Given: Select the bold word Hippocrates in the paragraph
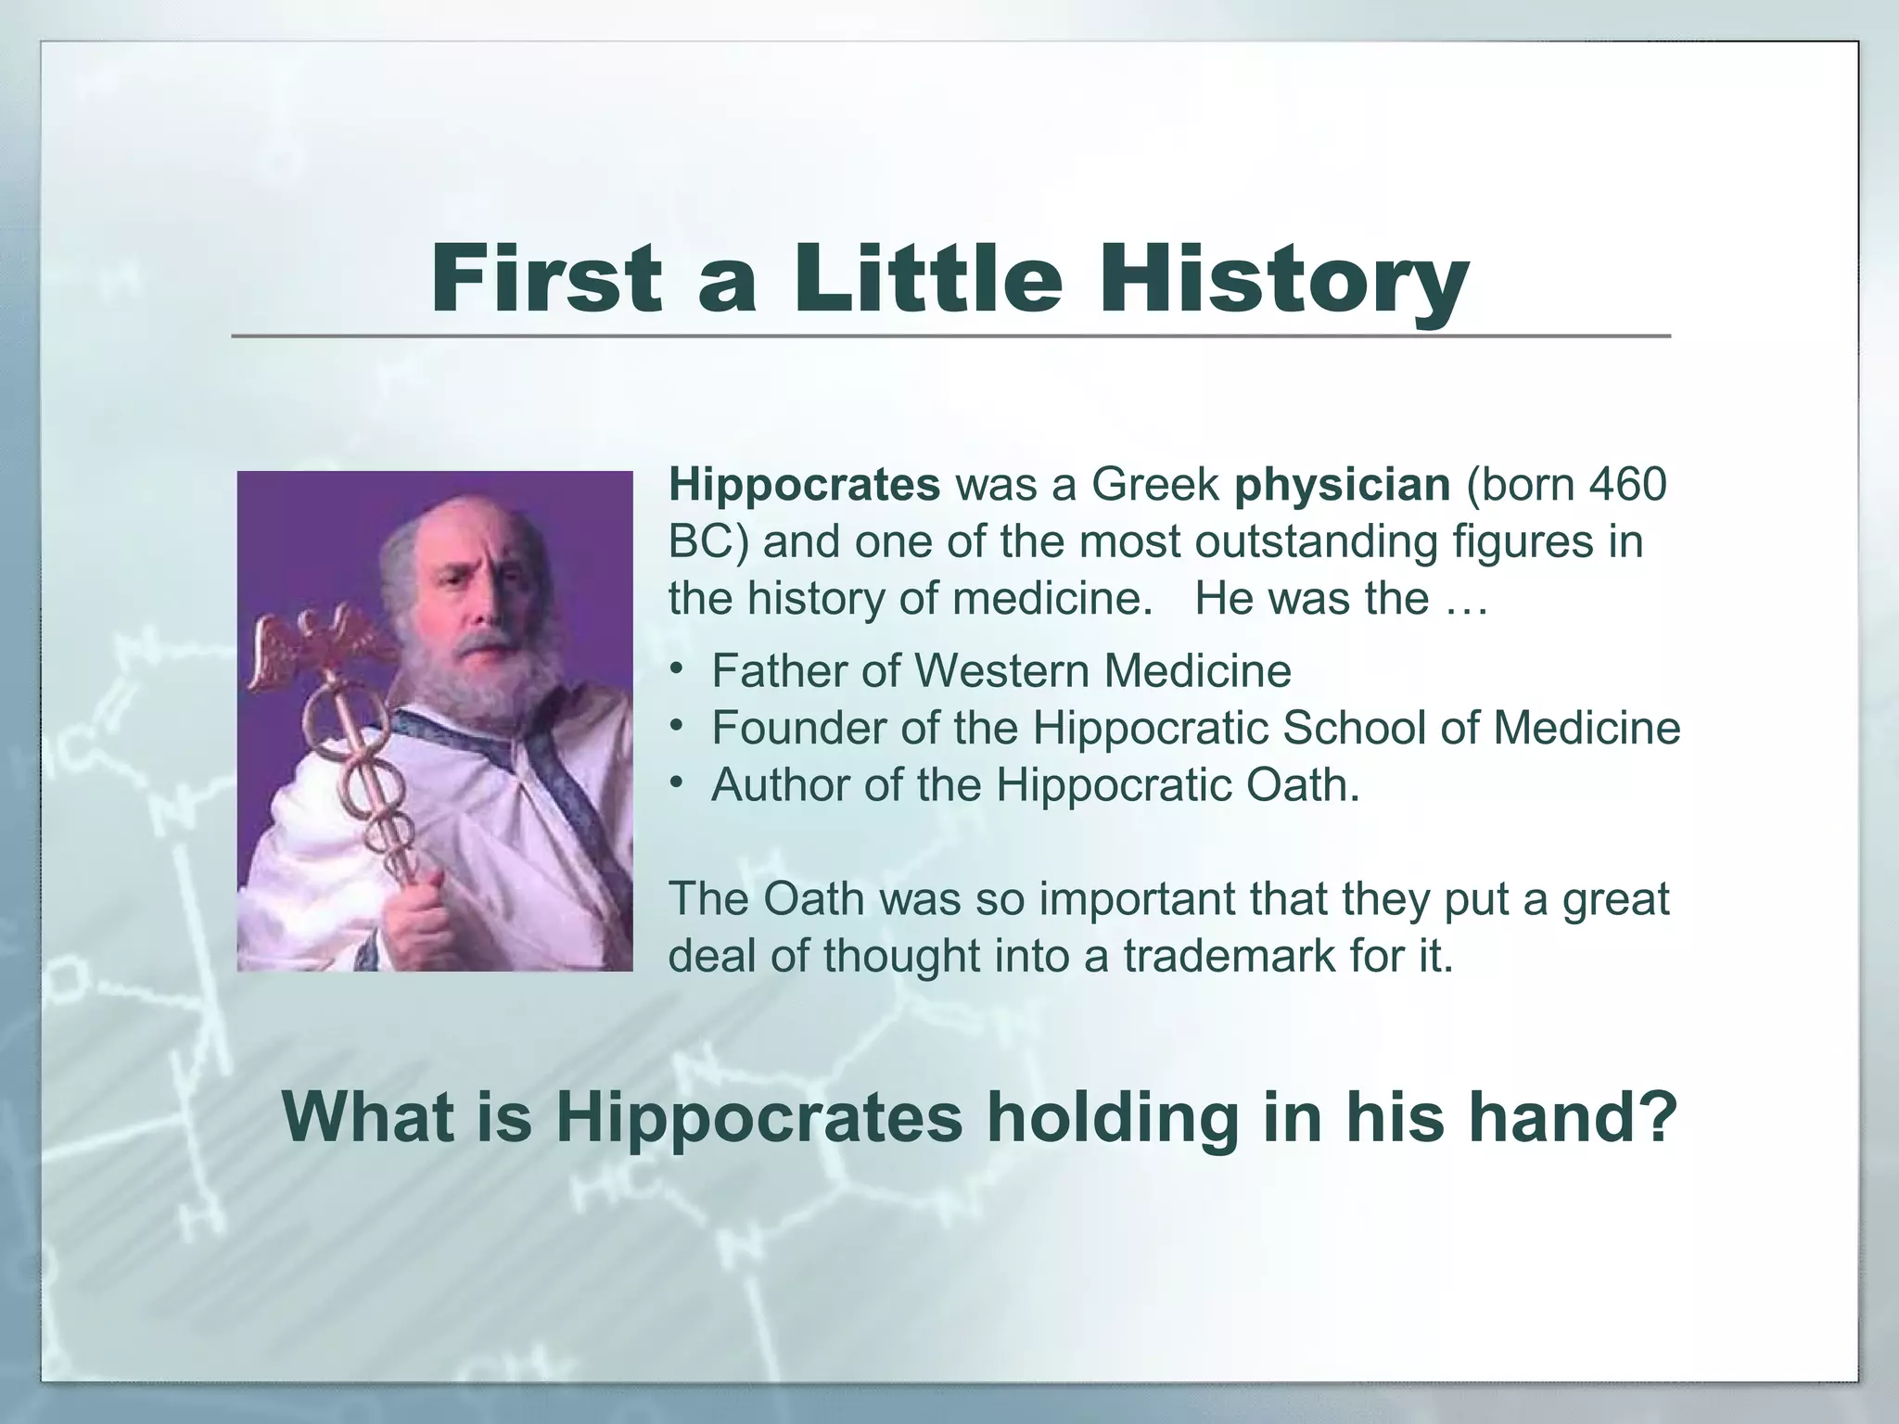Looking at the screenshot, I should tap(804, 485).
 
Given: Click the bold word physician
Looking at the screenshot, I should tap(1342, 485).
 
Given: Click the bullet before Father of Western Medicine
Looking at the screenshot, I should tap(678, 668).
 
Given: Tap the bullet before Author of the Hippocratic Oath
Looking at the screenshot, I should tap(678, 783).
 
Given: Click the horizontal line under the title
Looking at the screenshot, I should tap(950, 336).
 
